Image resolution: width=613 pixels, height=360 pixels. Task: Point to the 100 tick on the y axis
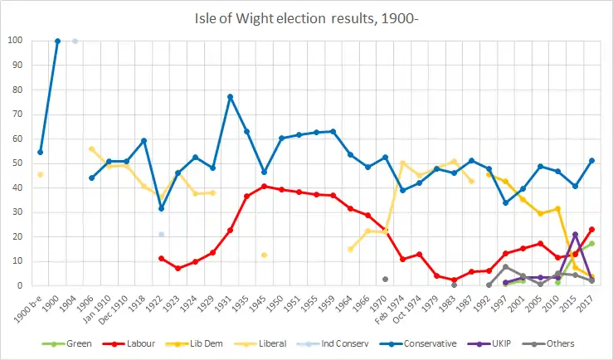point(14,41)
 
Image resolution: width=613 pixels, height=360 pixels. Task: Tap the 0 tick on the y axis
point(19,285)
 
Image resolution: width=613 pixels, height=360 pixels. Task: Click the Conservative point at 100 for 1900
point(57,41)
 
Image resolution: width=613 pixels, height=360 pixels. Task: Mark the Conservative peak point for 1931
point(230,97)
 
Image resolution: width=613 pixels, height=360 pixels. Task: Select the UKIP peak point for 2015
point(575,235)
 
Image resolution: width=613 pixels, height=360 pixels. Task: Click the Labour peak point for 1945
point(264,186)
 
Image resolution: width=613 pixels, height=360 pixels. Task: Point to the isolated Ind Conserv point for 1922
point(161,234)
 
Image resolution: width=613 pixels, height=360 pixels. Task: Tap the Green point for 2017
point(592,243)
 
